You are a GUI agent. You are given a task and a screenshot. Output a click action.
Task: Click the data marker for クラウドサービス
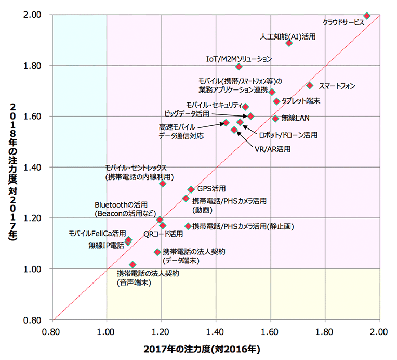[x=367, y=16]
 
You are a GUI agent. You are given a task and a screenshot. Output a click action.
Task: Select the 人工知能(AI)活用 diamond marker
[x=289, y=43]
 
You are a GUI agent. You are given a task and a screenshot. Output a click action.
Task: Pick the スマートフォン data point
[x=310, y=85]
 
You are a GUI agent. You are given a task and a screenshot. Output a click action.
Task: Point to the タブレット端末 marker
[x=276, y=101]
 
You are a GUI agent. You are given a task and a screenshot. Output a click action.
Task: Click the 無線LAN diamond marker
[x=275, y=119]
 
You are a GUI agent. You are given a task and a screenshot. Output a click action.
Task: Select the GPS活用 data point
[x=191, y=189]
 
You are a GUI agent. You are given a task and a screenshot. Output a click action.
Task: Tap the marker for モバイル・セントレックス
[x=163, y=184]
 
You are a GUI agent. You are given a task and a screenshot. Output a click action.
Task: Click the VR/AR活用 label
[x=272, y=149]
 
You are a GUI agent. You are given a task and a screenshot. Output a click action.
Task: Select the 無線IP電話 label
[x=103, y=245]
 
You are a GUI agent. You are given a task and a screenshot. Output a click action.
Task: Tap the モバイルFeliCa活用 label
[x=97, y=234]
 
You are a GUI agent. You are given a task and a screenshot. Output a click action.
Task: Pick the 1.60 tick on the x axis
[x=271, y=330]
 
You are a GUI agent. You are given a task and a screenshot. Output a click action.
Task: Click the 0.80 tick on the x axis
[x=52, y=330]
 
